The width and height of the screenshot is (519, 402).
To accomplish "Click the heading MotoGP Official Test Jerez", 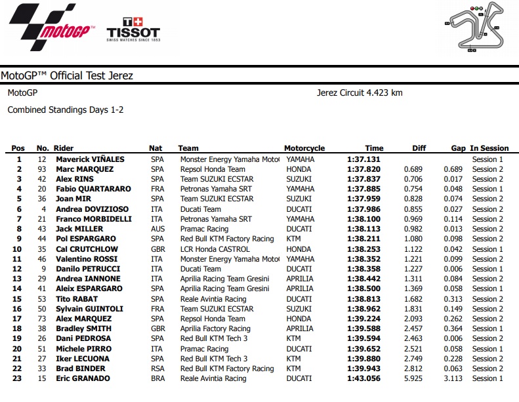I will (67, 76).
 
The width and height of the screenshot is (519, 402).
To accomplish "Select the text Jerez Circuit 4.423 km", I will (359, 92).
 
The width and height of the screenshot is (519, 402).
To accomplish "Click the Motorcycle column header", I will (304, 148).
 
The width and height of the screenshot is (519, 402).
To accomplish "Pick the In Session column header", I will (489, 148).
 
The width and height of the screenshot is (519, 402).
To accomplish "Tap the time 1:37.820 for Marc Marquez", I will (365, 169).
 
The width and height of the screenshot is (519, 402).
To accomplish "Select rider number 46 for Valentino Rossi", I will (43, 259).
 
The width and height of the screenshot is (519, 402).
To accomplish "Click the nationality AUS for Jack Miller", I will (157, 229).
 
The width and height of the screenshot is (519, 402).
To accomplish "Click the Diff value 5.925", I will (421, 378).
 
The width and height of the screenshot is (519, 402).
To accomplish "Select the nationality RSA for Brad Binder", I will (157, 369).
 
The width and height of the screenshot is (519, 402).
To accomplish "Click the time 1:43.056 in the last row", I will (365, 378).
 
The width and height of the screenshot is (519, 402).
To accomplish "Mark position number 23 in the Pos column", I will (18, 378).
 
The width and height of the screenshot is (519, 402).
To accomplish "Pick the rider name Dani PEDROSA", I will (83, 338).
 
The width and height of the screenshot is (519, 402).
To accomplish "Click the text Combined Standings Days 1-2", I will (65, 110).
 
